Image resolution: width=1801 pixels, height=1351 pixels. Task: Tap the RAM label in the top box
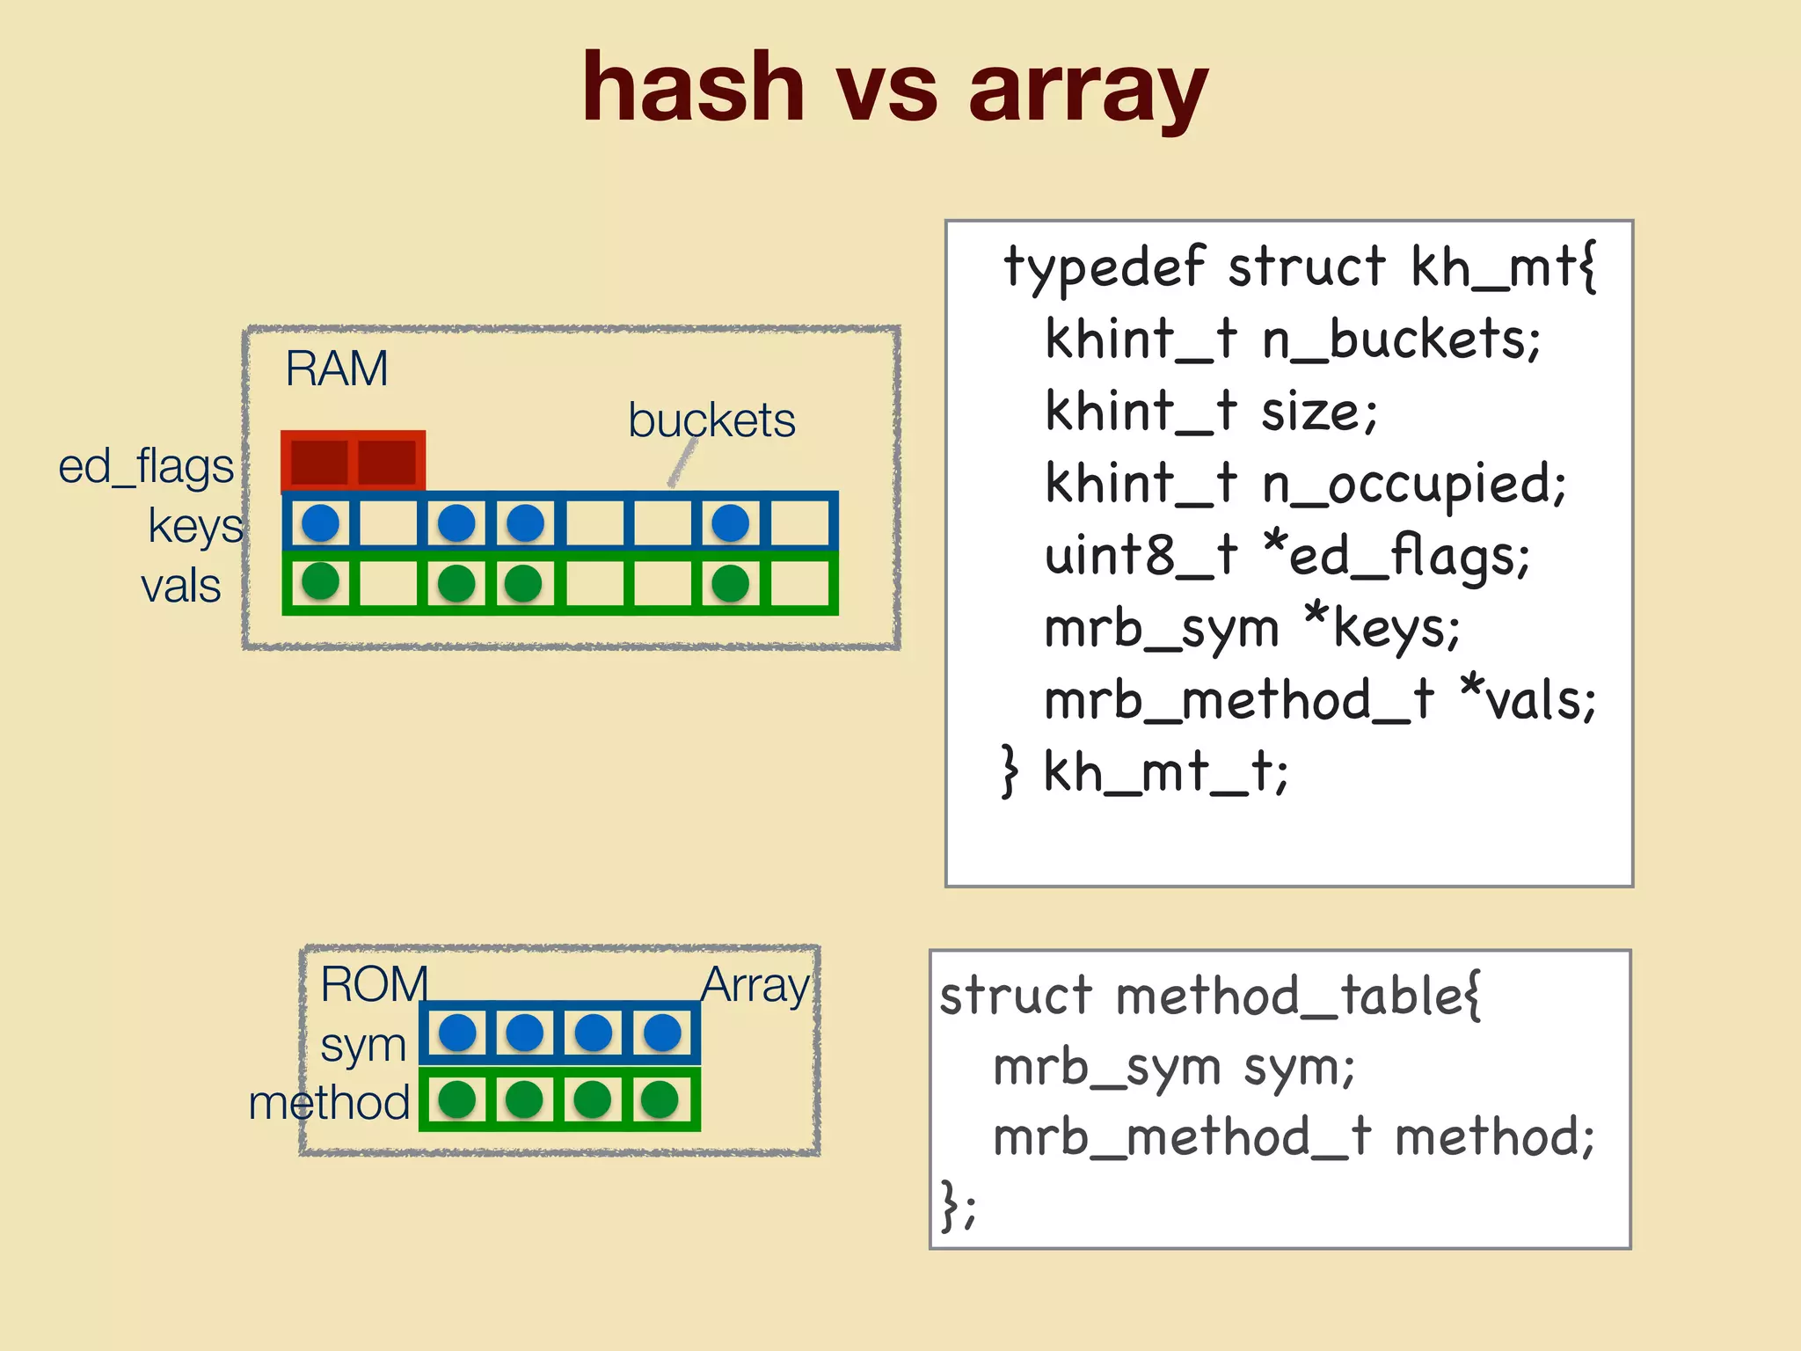tap(336, 369)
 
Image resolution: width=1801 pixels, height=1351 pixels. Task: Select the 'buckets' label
tap(711, 420)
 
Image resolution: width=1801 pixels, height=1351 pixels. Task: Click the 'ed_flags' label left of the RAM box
tap(146, 467)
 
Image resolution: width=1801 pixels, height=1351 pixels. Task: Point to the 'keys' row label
tap(194, 527)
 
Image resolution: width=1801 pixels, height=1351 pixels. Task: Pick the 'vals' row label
tap(180, 586)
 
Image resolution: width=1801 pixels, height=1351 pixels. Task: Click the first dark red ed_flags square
tap(318, 462)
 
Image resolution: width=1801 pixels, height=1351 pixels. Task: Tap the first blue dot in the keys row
tap(320, 523)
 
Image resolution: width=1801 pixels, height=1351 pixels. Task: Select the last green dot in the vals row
tap(730, 583)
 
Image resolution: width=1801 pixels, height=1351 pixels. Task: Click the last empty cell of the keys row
tap(799, 523)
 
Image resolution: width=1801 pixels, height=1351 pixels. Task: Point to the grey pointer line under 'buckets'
tap(682, 463)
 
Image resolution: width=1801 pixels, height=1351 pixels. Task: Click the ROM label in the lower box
tap(374, 984)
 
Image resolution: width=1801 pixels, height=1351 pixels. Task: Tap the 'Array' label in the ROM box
tap(755, 986)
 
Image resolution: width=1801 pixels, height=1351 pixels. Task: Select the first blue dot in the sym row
tap(457, 1033)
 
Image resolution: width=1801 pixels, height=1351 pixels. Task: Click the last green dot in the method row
tap(660, 1099)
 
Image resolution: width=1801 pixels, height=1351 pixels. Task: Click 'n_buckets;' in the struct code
tap(1401, 340)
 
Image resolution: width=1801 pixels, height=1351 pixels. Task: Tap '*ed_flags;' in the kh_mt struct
tap(1396, 557)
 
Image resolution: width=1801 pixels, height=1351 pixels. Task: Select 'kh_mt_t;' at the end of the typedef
tap(1165, 773)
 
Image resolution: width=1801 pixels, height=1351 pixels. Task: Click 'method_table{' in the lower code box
tap(1298, 997)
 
